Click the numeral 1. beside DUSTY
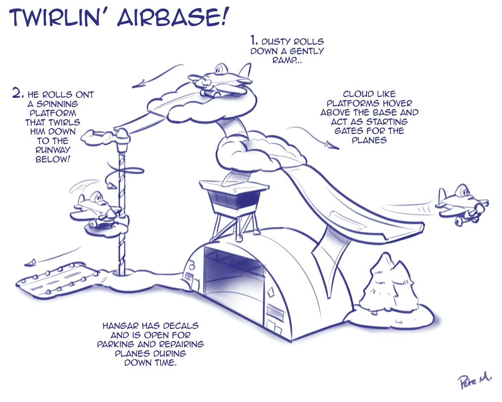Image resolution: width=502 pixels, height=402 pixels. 254,41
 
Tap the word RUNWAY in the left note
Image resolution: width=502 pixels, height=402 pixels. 53,150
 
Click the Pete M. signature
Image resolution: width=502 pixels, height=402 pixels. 475,380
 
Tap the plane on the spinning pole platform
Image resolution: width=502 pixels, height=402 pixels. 95,209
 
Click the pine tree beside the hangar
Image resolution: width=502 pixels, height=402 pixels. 392,285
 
